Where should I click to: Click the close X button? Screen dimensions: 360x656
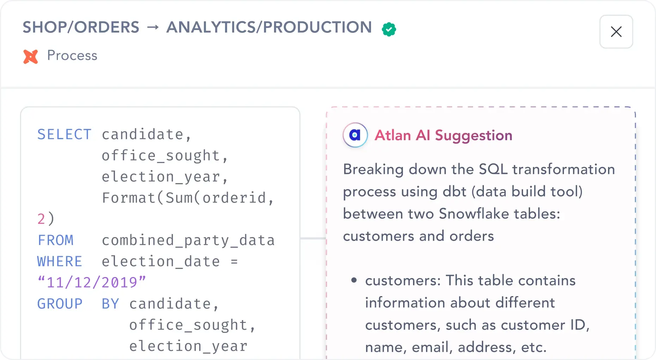click(616, 32)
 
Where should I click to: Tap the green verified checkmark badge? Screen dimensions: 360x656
click(389, 29)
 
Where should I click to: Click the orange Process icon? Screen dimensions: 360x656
click(31, 56)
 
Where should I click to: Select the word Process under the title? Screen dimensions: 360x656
click(72, 56)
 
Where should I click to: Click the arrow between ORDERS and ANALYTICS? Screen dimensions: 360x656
click(153, 28)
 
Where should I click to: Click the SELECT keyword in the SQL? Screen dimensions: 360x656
click(64, 134)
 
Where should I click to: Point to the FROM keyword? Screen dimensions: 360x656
click(55, 240)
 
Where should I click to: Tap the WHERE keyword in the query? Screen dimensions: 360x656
click(60, 262)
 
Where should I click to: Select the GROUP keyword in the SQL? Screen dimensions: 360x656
click(60, 304)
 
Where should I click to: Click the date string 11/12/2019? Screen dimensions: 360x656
click(92, 282)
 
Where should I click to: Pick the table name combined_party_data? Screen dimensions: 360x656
click(188, 240)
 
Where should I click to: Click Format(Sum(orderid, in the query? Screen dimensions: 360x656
click(188, 198)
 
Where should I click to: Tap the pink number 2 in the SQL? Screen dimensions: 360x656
click(41, 219)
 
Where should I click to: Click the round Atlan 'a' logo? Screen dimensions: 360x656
click(355, 135)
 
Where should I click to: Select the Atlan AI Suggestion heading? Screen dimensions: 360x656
click(443, 136)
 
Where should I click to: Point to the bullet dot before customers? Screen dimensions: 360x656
click(354, 281)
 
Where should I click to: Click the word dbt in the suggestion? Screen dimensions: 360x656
click(454, 192)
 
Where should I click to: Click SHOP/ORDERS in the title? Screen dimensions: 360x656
click(81, 28)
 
